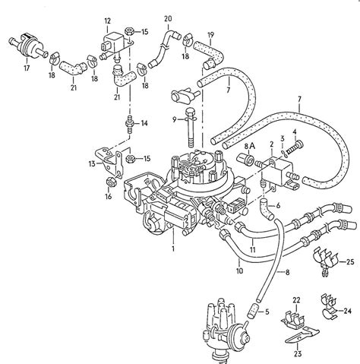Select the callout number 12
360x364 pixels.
(x=107, y=20)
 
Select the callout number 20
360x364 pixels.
(x=168, y=17)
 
